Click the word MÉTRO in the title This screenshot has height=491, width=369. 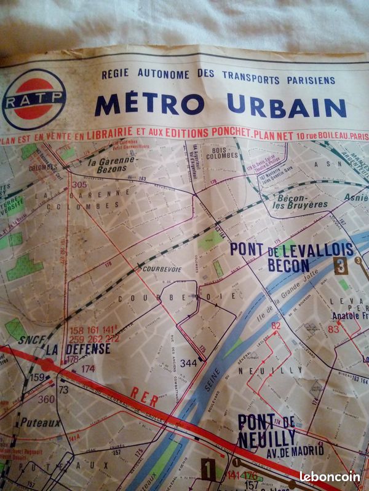150,104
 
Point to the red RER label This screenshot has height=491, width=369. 145,398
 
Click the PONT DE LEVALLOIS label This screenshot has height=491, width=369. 292,249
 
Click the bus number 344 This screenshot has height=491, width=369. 188,363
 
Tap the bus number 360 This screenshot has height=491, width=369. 46,399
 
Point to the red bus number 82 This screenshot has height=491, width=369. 276,326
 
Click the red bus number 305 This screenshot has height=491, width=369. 79,184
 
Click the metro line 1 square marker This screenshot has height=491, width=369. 208,470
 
